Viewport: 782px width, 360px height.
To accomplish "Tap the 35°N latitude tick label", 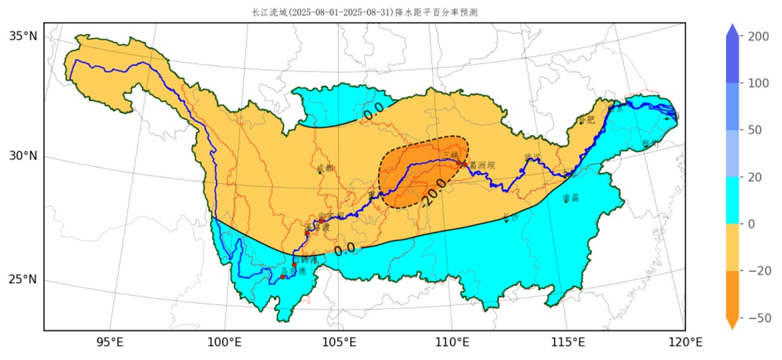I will tap(23, 36).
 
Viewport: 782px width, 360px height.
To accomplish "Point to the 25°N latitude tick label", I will tap(23, 280).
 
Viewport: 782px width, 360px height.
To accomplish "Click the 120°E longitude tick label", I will tap(686, 343).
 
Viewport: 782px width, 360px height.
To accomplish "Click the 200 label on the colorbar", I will tap(759, 36).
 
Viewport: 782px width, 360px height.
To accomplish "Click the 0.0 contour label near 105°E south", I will tap(345, 249).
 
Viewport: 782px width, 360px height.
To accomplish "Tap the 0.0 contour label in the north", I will tap(373, 110).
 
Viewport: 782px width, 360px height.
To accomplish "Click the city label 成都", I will tap(324, 169).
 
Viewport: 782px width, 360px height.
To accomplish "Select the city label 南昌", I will tap(571, 198).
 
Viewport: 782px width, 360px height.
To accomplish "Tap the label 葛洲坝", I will tap(482, 165).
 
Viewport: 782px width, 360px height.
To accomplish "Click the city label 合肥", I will tap(587, 120).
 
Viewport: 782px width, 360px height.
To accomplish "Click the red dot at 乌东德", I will tap(283, 277).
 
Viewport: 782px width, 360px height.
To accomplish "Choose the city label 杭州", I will tap(650, 144).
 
